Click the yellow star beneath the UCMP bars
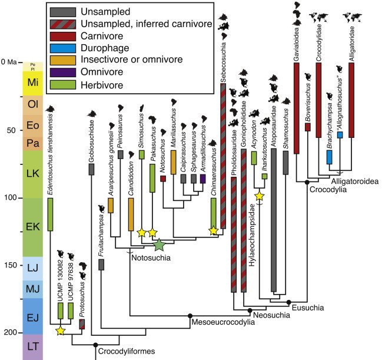pos(60,331)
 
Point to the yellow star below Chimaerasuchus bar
pos(213,231)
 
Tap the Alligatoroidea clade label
pos(354,181)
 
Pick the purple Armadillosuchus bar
pos(202,178)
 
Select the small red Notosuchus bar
pos(162,178)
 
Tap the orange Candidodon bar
pos(131,214)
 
